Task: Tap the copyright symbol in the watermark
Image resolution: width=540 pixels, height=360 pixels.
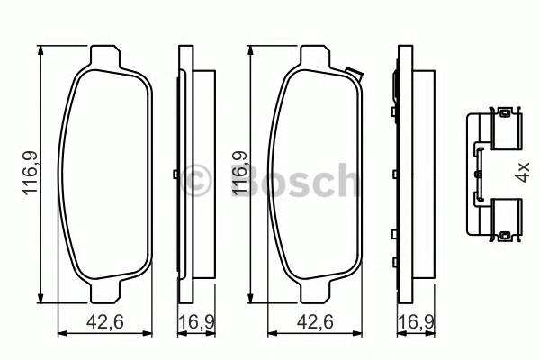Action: (195, 180)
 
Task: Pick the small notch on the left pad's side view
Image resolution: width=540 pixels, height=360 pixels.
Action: (173, 175)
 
